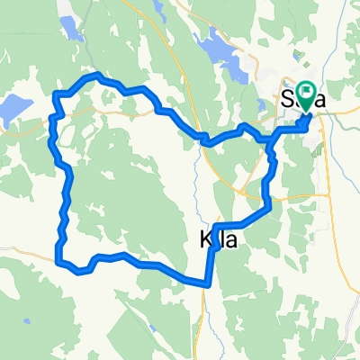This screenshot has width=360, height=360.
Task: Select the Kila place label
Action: pyautogui.click(x=215, y=240)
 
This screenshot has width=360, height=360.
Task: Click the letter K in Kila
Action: pyautogui.click(x=202, y=240)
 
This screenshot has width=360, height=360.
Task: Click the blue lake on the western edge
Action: pyautogui.click(x=11, y=112)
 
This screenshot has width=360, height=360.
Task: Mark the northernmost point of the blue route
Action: pyautogui.click(x=96, y=75)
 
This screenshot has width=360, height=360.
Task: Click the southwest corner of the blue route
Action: pyautogui.click(x=60, y=263)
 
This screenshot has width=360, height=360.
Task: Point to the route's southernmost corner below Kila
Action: pyautogui.click(x=208, y=283)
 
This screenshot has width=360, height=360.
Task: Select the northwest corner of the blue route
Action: pyautogui.click(x=57, y=94)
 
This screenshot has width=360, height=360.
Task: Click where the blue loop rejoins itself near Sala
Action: pyautogui.click(x=269, y=139)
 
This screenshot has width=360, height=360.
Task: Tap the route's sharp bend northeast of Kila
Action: pyautogui.click(x=268, y=210)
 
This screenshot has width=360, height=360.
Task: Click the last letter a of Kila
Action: pyautogui.click(x=227, y=240)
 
